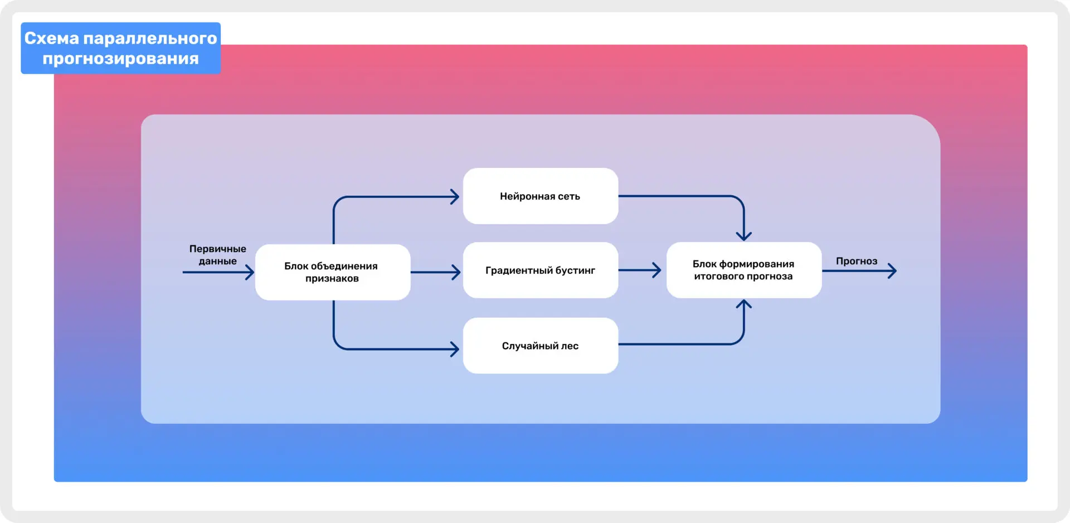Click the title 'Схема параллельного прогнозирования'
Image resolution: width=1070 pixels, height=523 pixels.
click(120, 49)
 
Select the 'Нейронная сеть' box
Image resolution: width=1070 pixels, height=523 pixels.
click(540, 196)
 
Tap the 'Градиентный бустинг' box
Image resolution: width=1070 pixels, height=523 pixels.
click(540, 270)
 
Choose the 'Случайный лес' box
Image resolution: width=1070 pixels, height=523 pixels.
click(540, 346)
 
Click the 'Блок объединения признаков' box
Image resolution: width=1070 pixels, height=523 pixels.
click(332, 272)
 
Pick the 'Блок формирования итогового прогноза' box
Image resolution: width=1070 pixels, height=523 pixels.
click(743, 270)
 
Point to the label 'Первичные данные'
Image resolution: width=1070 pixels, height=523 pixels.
click(217, 255)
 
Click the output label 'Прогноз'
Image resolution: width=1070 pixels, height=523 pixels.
click(856, 261)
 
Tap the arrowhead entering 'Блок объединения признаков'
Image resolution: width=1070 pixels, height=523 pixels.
click(250, 272)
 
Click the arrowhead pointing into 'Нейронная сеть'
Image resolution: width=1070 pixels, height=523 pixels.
click(455, 196)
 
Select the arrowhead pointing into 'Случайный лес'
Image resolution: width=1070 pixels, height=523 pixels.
click(455, 349)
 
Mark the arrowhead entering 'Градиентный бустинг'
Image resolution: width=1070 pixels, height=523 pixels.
click(457, 272)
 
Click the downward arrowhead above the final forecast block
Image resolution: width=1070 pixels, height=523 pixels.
click(743, 236)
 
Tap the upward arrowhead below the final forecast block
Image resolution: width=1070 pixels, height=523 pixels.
click(743, 304)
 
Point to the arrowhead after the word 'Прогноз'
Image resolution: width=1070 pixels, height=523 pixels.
click(893, 271)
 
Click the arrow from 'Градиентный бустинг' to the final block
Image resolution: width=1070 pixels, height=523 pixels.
click(639, 270)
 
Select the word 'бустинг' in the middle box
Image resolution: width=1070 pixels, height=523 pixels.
click(575, 270)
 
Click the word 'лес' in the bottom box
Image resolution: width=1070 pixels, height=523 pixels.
click(570, 346)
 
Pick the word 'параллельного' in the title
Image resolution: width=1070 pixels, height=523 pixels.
click(150, 38)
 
